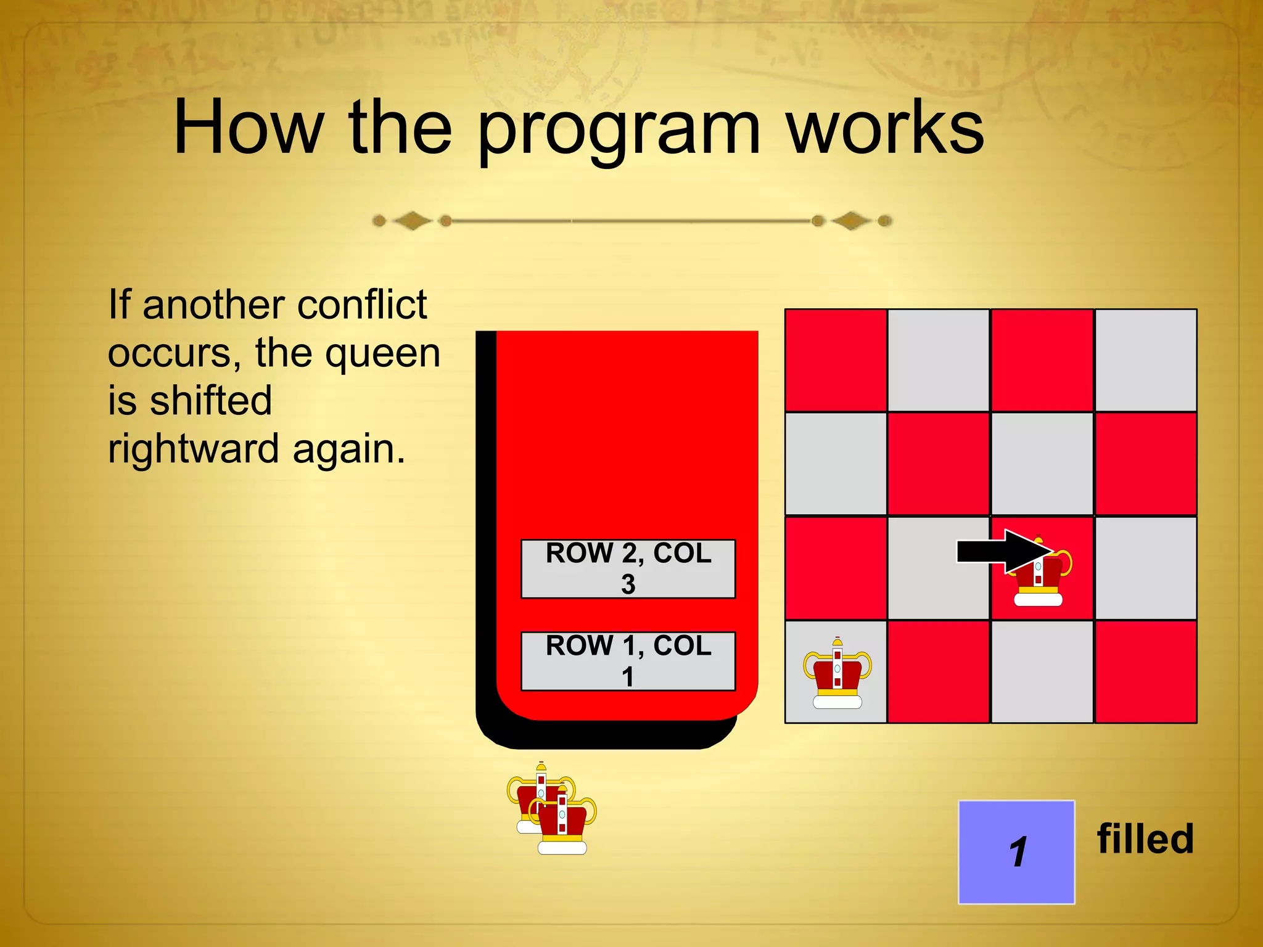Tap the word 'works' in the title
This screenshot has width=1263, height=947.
pos(885,128)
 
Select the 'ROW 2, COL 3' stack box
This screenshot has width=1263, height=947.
pos(628,568)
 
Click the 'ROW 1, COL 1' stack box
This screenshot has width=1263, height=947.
pos(628,661)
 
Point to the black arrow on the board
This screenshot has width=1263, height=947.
pos(1002,551)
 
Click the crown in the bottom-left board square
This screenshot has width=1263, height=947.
pos(837,674)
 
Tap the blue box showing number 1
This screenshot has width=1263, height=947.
pos(1016,852)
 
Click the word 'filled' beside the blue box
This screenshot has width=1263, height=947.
pos(1145,839)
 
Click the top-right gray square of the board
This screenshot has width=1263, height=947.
pos(1145,360)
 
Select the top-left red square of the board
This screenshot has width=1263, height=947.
pos(836,360)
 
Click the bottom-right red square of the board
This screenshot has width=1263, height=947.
pos(1145,671)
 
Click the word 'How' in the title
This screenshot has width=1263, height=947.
pos(249,128)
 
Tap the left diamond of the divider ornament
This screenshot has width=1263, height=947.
pos(412,221)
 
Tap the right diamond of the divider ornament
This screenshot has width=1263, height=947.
pos(851,221)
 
